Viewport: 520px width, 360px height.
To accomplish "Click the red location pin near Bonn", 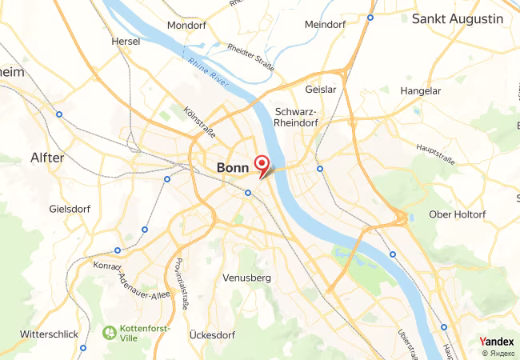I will (x=261, y=165).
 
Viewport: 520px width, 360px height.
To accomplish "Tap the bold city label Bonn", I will (x=234, y=168).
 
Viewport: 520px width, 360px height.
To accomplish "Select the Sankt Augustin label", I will (x=458, y=18).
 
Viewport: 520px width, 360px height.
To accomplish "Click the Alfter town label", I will (x=46, y=158).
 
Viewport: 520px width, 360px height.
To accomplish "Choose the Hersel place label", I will (x=126, y=41).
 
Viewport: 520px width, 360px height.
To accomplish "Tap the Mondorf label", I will (x=187, y=25).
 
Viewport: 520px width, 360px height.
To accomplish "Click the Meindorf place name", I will (x=324, y=25).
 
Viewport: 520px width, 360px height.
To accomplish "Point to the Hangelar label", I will (x=421, y=91).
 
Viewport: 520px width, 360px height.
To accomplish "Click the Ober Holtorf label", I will (x=458, y=214).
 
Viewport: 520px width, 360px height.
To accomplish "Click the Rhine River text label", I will (x=209, y=70).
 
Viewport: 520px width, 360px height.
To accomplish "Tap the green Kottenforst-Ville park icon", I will (x=109, y=330).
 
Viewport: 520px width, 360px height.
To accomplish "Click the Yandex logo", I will (x=496, y=342).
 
